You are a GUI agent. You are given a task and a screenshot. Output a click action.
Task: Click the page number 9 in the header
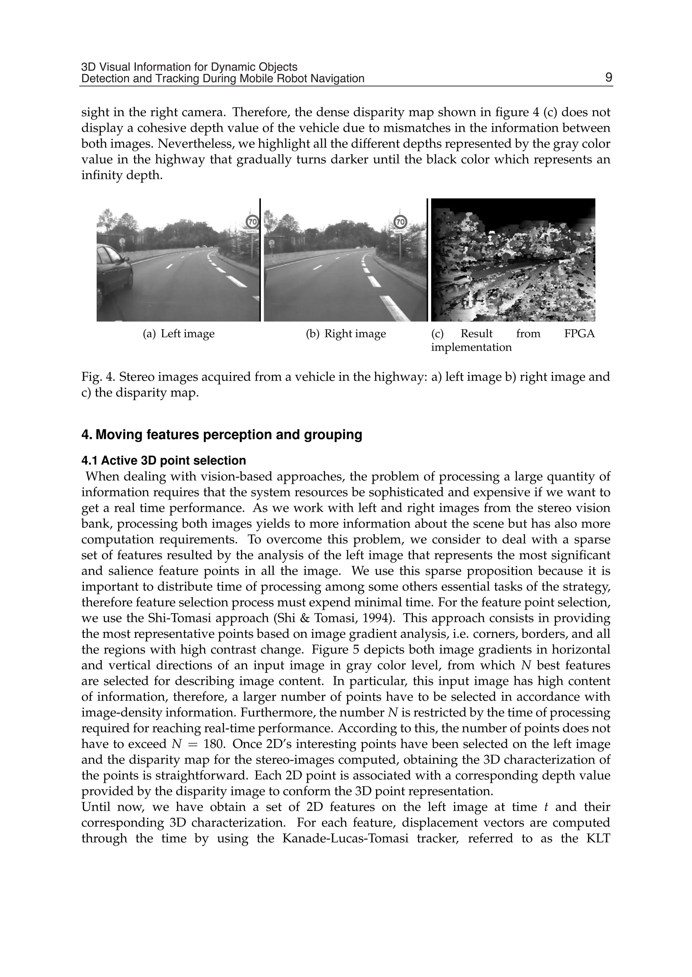click(x=609, y=78)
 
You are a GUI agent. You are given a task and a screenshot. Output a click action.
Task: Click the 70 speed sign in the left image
click(x=252, y=222)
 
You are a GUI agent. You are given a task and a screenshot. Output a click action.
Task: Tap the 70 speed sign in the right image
click(x=400, y=222)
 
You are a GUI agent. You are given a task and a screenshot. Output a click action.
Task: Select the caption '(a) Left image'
click(x=178, y=334)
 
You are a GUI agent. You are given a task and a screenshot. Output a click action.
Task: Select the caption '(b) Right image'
click(x=346, y=334)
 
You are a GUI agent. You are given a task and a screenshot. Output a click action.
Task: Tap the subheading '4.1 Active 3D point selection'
click(x=164, y=460)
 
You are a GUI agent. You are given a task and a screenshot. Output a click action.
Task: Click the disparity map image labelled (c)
click(x=513, y=260)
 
